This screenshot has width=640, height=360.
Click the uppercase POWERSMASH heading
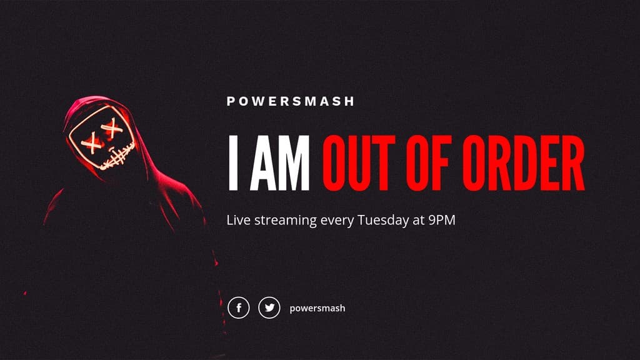(x=291, y=101)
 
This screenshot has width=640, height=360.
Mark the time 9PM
(x=442, y=220)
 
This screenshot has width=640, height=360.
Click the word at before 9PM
(x=418, y=221)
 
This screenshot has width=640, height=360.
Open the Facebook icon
(x=238, y=307)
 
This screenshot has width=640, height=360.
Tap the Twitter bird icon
(x=269, y=307)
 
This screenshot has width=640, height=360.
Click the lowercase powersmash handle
(x=317, y=308)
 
